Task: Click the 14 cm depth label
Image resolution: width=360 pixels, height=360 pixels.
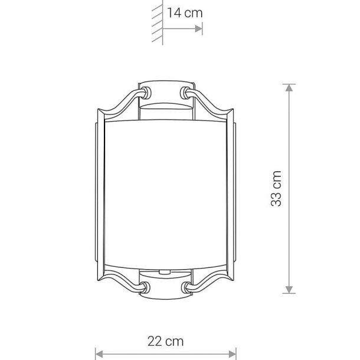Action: (185, 13)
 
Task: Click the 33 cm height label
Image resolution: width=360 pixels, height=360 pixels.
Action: (276, 188)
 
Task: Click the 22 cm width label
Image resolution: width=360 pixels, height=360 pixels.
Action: (165, 341)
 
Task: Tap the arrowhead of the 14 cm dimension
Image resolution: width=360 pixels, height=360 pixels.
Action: (199, 29)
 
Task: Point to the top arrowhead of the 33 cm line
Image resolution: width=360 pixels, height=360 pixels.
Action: (289, 87)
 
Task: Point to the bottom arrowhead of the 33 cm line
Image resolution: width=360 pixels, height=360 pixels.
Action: (289, 290)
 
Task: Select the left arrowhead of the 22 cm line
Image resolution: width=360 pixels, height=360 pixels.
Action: (99, 354)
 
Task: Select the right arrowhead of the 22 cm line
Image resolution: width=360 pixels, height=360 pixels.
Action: (233, 354)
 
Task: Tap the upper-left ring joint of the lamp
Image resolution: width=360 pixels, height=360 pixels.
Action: (146, 93)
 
